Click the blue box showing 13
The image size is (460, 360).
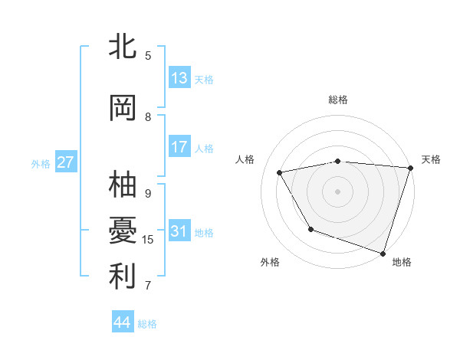pos(179,78)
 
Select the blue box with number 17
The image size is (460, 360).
pos(179,147)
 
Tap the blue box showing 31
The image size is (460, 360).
pos(179,231)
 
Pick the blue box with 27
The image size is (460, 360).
pos(65,162)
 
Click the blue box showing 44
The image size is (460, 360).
pos(122,322)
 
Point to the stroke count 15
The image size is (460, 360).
pos(148,240)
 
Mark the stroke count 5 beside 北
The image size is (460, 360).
pos(148,55)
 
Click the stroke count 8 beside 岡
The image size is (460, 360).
pos(148,116)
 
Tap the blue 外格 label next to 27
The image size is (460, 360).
pos(41,163)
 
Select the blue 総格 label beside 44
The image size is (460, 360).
pos(147,324)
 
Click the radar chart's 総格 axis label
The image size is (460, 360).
pos(338,100)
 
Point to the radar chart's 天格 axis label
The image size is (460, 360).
pos(431,159)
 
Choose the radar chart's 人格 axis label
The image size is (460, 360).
pos(245,159)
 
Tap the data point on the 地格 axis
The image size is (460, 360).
pos(383,252)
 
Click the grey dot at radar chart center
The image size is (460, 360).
pos(338,191)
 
